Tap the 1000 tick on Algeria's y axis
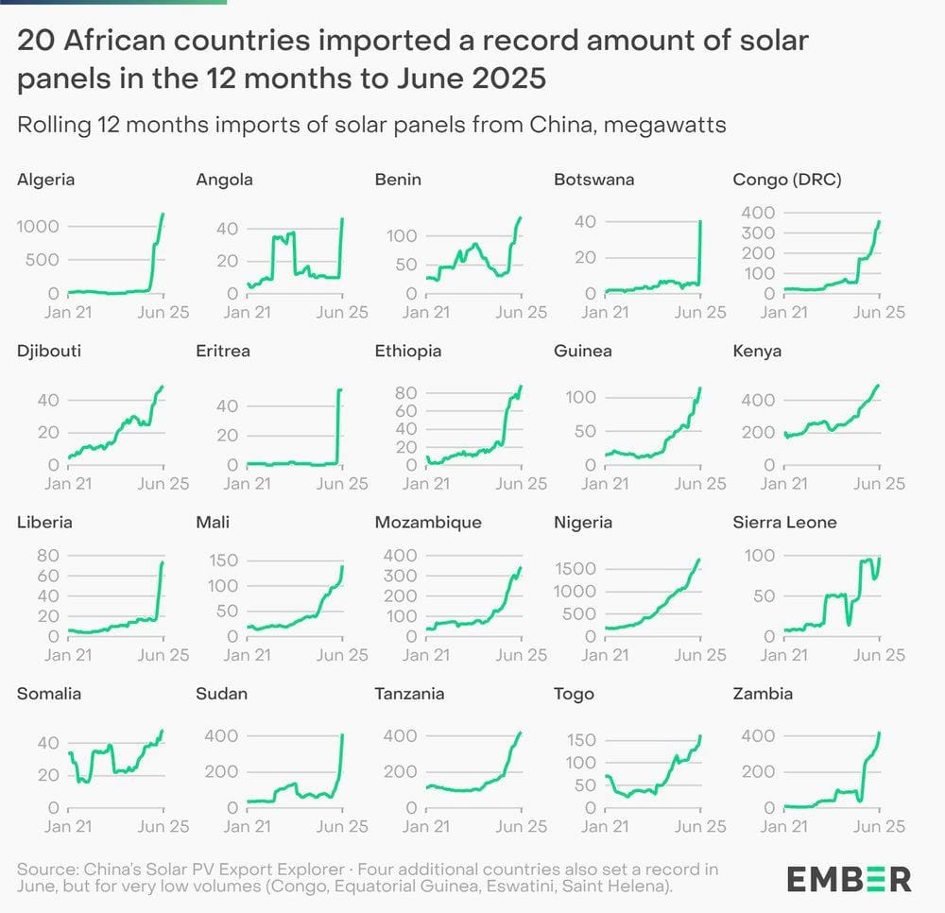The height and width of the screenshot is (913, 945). coord(39,226)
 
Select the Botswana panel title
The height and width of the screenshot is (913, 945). coord(593,180)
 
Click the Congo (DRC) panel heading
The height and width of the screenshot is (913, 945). coord(787,180)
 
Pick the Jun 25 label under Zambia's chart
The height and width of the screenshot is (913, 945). coord(880,826)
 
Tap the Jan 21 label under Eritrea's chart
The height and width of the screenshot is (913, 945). coord(249,484)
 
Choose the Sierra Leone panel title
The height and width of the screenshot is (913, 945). coord(784,523)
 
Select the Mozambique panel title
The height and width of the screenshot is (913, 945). coord(428,523)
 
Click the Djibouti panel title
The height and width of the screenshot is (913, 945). coord(49,352)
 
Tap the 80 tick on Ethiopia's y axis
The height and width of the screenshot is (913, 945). coord(407,393)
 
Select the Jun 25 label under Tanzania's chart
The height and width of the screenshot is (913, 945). coord(522,826)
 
